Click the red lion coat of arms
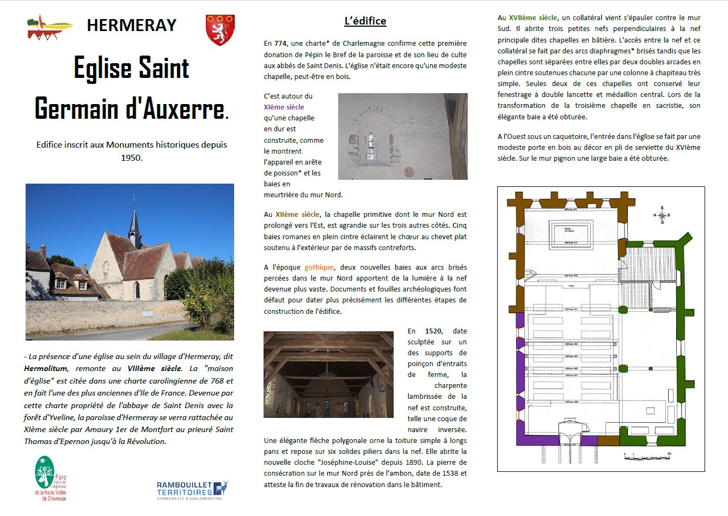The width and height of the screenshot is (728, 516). (x=220, y=30)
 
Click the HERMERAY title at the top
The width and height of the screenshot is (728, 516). (x=132, y=25)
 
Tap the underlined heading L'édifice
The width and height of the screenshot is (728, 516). (x=365, y=21)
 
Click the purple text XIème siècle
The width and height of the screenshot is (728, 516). (x=284, y=107)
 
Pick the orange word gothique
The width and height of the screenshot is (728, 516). (x=319, y=267)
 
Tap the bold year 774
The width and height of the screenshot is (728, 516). (x=280, y=44)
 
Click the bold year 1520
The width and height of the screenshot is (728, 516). (x=433, y=331)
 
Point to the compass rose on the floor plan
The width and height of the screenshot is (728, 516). (x=662, y=215)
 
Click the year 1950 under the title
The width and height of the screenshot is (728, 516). (x=132, y=158)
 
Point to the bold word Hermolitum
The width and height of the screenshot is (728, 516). (x=46, y=369)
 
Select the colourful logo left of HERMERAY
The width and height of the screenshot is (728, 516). (x=50, y=28)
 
